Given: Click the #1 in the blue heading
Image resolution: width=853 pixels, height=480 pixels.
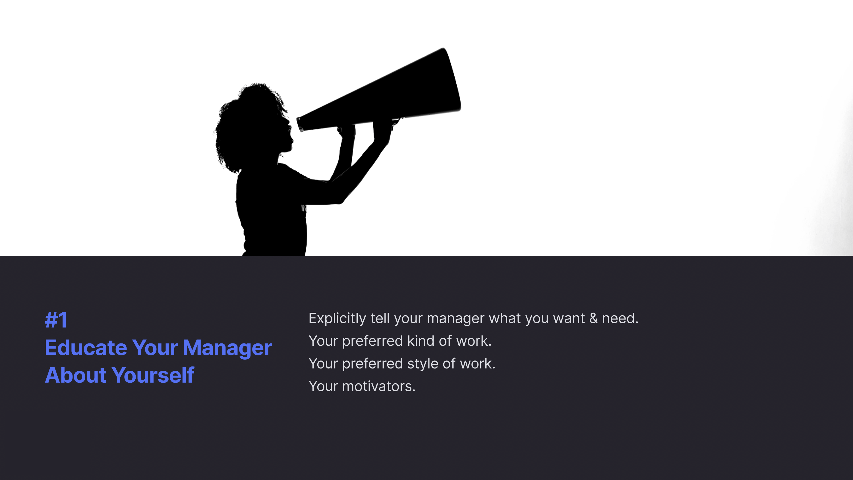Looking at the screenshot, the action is coord(56,320).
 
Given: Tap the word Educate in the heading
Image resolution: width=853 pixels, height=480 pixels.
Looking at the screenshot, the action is coord(86,348).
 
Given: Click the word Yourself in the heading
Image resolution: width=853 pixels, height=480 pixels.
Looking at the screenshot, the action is coord(153,375).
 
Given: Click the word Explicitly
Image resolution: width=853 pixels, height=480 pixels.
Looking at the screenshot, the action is coord(337,319).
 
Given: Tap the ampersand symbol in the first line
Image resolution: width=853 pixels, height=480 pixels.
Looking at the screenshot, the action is coord(593,318).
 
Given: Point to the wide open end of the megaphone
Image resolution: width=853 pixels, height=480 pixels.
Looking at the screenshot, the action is coord(452,79).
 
